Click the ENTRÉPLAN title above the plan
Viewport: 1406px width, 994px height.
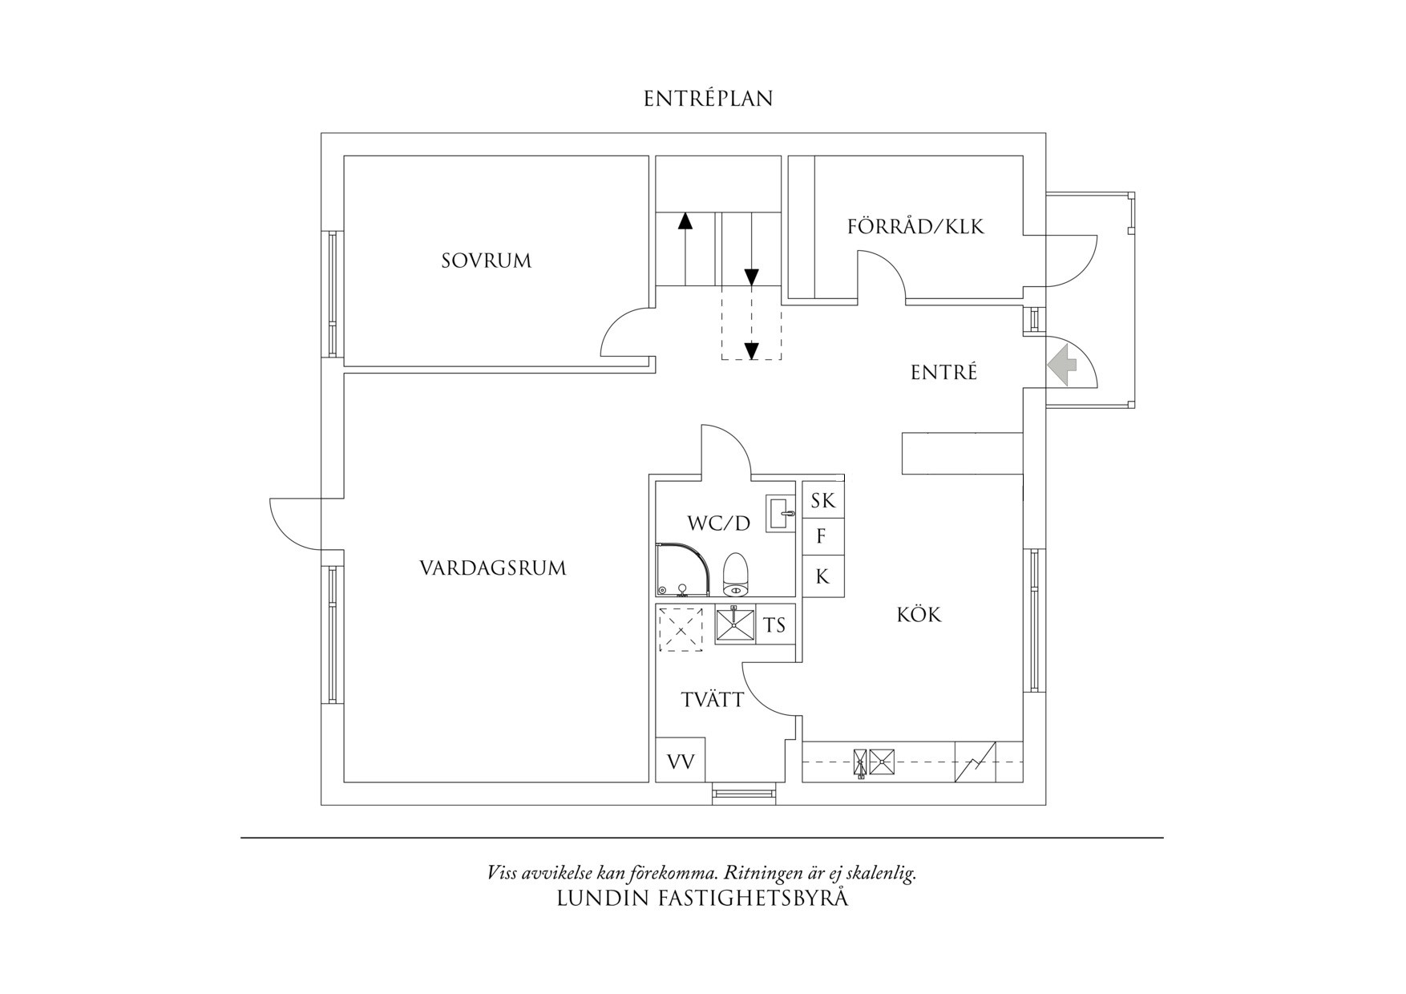click(x=709, y=99)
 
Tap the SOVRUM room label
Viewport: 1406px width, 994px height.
click(x=487, y=261)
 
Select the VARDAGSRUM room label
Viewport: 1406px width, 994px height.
click(x=493, y=568)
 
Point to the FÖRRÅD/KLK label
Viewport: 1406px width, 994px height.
click(x=915, y=227)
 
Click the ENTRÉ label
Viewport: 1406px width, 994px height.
click(x=944, y=373)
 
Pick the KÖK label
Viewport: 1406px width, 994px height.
click(x=919, y=615)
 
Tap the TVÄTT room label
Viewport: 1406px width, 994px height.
click(x=713, y=700)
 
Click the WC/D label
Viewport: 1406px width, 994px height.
click(x=719, y=523)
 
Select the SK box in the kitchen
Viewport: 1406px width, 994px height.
click(x=823, y=500)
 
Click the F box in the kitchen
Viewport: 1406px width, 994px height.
click(x=823, y=536)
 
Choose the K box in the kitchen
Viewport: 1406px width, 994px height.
click(x=823, y=576)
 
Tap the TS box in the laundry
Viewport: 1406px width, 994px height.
click(x=774, y=624)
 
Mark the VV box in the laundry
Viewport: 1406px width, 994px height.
click(x=681, y=761)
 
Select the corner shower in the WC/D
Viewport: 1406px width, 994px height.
click(x=684, y=571)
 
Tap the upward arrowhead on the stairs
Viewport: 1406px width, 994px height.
click(x=685, y=221)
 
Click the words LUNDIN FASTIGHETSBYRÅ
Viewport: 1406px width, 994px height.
click(x=702, y=899)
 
